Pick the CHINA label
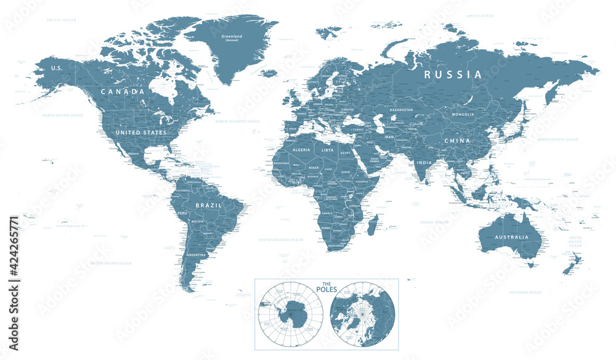458,141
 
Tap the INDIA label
424,163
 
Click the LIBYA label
327,150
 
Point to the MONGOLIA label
463,114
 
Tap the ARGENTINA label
196,255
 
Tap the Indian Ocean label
434,221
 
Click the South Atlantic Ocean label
280,239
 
